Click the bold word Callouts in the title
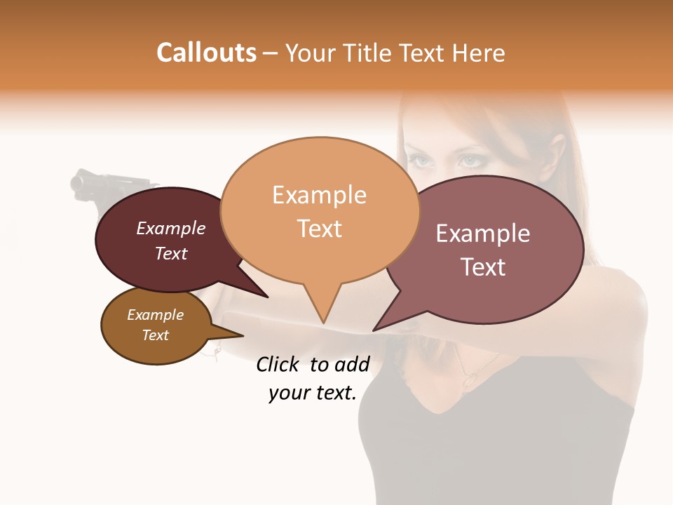207,53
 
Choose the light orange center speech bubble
320,210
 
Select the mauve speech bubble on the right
491,249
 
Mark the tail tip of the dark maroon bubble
267,297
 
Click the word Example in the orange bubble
320,195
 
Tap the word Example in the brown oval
155,315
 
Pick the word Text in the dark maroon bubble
171,253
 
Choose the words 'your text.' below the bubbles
313,393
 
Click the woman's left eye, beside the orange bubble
421,161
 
